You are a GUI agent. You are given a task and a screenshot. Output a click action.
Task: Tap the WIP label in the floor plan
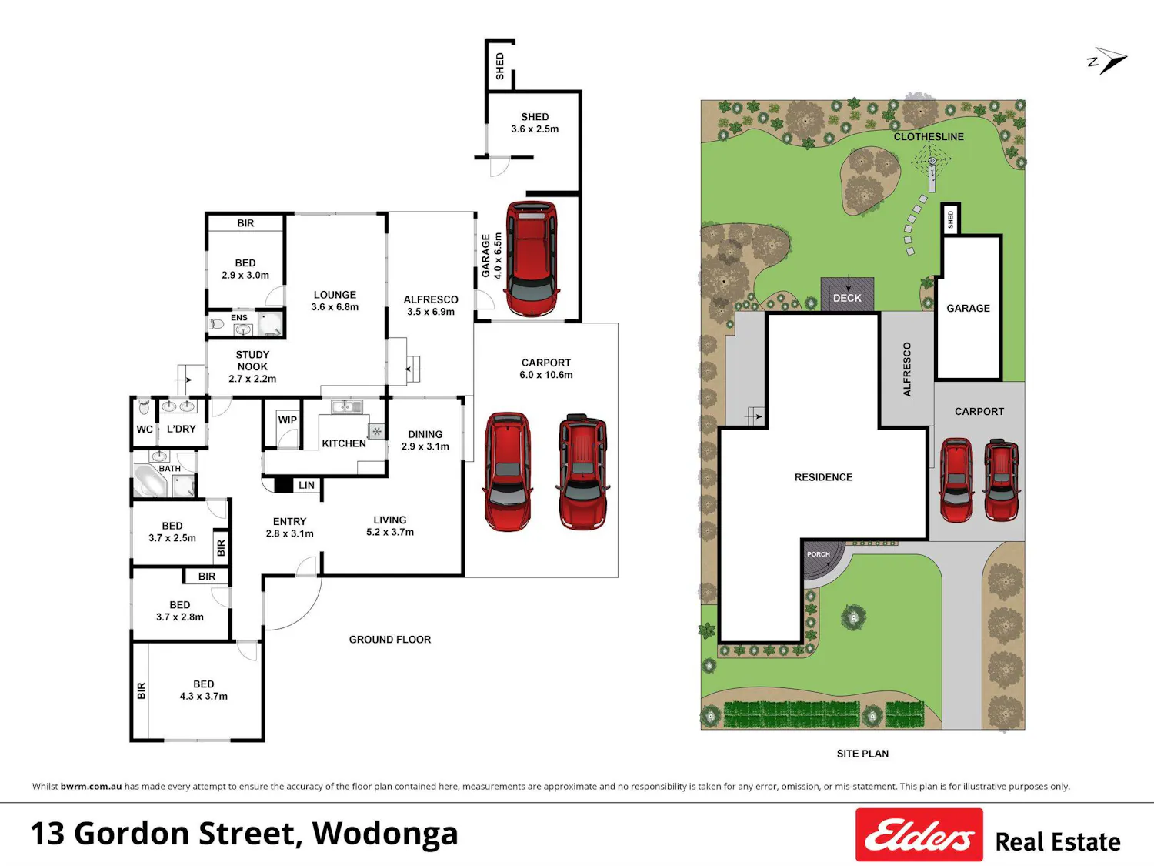click(287, 420)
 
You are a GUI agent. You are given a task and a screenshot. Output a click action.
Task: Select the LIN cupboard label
click(306, 485)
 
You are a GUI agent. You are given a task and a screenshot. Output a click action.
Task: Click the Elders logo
click(919, 834)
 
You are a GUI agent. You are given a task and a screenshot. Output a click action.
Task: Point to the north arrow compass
click(1108, 61)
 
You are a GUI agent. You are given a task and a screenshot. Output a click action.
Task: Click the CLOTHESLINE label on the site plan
click(929, 137)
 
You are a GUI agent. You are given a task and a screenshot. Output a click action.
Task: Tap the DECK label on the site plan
click(847, 298)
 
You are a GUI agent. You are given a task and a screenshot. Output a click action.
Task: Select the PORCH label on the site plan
click(818, 554)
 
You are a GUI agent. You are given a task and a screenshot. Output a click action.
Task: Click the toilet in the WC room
click(144, 407)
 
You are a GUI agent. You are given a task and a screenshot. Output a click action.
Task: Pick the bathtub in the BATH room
click(150, 480)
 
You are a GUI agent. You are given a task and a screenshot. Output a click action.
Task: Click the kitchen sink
click(346, 406)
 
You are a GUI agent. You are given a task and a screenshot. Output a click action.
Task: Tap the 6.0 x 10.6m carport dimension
click(545, 375)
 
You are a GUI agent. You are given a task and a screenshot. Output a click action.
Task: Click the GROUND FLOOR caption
click(389, 640)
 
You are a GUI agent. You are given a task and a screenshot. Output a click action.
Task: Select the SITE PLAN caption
click(862, 754)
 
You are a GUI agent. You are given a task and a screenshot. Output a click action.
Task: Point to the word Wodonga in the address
click(385, 834)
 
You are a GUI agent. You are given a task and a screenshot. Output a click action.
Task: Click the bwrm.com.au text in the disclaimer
click(91, 787)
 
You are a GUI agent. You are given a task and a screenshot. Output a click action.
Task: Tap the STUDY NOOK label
click(252, 361)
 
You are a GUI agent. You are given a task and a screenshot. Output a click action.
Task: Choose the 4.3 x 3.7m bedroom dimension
click(203, 696)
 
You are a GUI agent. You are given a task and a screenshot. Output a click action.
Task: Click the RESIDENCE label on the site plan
click(823, 477)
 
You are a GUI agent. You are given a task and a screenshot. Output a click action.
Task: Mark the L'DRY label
click(181, 429)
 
